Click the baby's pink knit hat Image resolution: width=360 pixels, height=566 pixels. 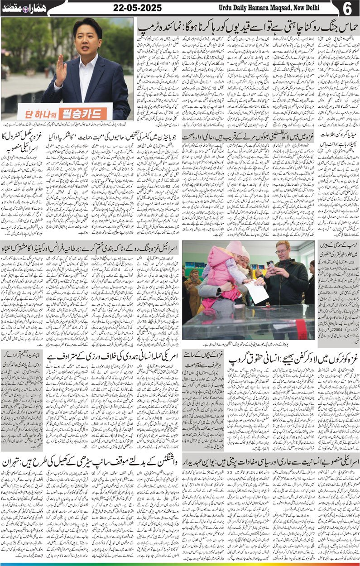point(234,249)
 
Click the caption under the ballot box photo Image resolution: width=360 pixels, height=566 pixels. point(248,343)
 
